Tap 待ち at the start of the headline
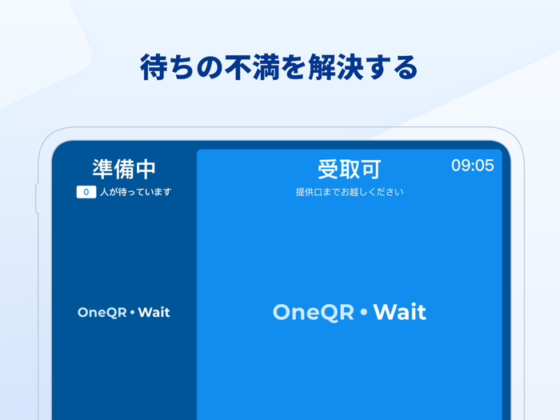(167, 67)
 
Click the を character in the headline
(285, 67)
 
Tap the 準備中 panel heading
(124, 169)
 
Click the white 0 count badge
(86, 192)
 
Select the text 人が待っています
(135, 192)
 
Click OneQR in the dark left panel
(102, 312)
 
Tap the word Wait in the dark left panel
(154, 312)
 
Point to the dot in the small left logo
(132, 313)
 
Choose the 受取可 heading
(350, 169)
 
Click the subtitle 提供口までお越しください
(350, 192)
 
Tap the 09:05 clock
(472, 166)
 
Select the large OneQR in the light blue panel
(313, 312)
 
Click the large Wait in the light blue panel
(399, 312)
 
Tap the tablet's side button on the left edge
(37, 199)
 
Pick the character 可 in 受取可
(370, 169)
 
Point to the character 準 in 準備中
(103, 169)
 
